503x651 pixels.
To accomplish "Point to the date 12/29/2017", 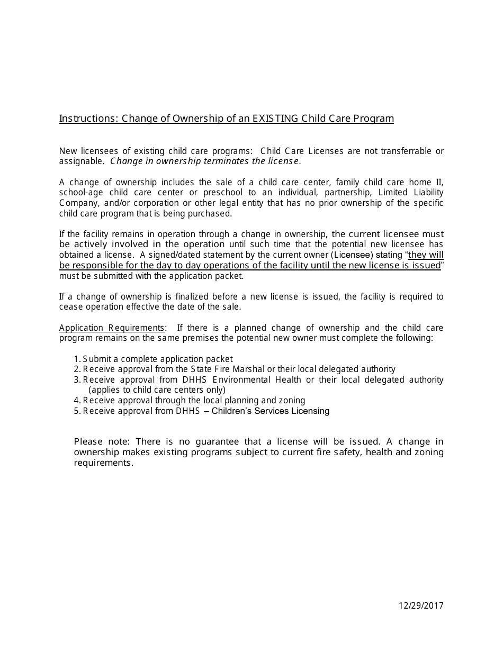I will [x=421, y=605].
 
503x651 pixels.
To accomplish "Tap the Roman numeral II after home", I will [x=439, y=183].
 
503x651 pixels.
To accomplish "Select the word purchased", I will [x=212, y=213].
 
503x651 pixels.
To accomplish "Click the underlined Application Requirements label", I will [x=112, y=328].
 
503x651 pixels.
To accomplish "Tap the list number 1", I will [x=77, y=359].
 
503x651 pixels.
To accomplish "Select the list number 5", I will [x=77, y=411].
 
